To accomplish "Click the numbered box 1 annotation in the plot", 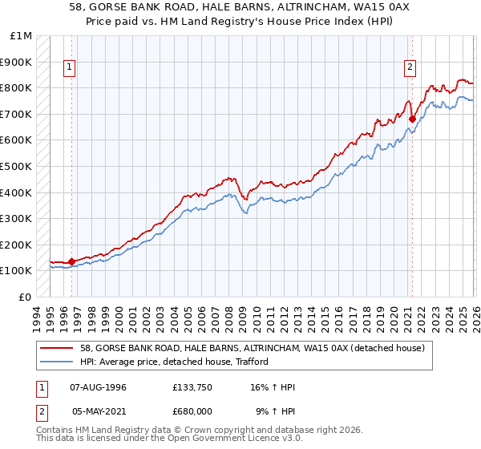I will (71, 68).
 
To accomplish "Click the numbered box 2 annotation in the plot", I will (410, 68).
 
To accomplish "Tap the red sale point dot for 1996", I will (71, 261).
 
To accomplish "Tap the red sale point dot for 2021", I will (412, 119).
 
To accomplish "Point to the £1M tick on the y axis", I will (22, 36).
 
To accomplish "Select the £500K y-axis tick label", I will (17, 167).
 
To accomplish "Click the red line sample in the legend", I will (58, 348).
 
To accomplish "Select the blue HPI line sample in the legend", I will (58, 362).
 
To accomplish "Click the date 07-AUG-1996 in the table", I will (98, 386).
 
